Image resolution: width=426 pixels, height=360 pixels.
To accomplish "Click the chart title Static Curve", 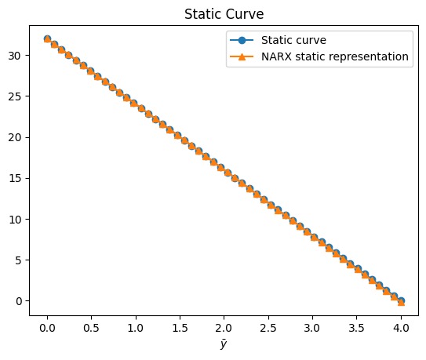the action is (224, 14).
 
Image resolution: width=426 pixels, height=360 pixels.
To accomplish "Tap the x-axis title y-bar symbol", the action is (224, 344).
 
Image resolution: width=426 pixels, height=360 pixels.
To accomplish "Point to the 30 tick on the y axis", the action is (14, 56).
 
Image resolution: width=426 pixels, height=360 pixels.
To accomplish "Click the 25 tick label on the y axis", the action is (14, 96).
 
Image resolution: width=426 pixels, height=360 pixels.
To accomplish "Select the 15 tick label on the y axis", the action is (14, 179).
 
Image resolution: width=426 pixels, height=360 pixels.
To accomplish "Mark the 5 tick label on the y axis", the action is (18, 260).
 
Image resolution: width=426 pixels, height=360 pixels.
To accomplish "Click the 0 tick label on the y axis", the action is (19, 301).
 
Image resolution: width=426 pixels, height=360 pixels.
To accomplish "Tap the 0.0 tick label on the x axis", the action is (47, 328).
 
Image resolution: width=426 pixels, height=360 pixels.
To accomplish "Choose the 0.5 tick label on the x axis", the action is (91, 328).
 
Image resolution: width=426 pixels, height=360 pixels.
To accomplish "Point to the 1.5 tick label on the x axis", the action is (180, 328).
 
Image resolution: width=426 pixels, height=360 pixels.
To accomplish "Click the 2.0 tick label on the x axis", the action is (224, 328).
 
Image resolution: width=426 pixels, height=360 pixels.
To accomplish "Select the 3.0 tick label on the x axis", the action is (312, 328).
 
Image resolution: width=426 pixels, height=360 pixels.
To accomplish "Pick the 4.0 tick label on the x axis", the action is (401, 328).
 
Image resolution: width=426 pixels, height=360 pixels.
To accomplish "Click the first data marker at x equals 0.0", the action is (47, 39).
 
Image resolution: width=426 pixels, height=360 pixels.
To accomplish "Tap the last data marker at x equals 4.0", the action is (401, 301).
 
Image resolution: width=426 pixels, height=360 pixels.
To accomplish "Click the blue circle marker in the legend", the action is (242, 40).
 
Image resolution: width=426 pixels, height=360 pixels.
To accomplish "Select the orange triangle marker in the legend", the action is (242, 56).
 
